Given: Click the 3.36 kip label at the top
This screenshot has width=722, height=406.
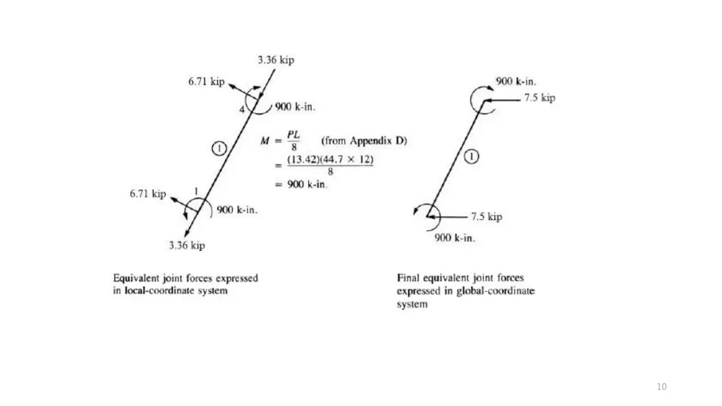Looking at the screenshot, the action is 276,60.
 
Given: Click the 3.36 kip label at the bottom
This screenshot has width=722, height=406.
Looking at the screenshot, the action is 187,245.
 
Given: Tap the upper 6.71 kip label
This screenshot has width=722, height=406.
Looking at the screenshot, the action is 206,82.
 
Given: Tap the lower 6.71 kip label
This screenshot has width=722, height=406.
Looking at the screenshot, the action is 147,194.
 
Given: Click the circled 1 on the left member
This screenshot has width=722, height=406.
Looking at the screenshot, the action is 219,148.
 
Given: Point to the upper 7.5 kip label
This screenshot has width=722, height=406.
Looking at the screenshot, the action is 539,98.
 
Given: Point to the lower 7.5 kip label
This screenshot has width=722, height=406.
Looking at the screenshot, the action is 487,216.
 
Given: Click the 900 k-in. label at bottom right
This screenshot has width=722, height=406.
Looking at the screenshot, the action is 455,238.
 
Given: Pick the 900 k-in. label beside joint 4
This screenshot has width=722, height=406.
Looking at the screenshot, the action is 295,107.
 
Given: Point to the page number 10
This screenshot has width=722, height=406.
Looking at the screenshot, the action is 661,386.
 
